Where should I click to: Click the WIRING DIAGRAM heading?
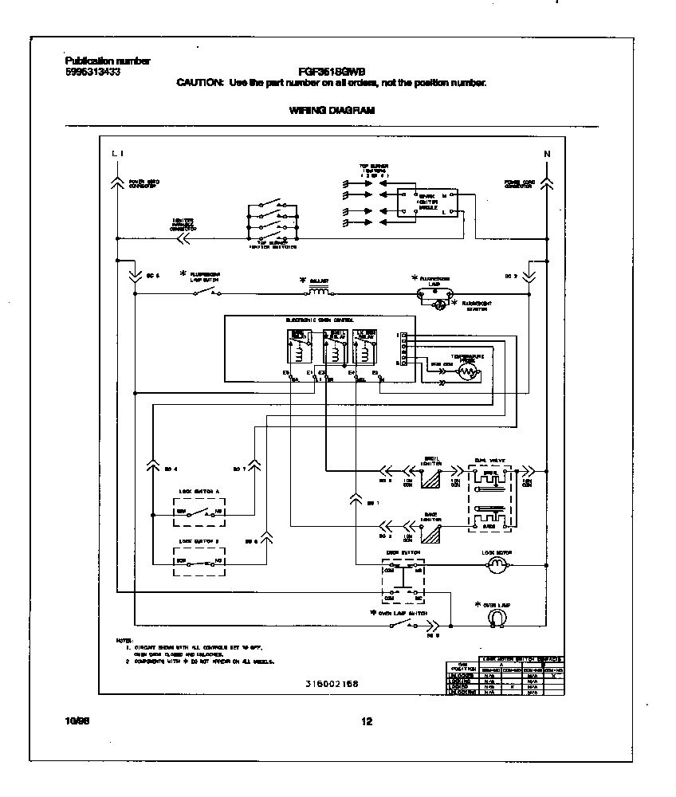[332, 111]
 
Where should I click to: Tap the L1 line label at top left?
[117, 153]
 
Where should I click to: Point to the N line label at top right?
[547, 153]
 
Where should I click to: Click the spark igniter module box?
[427, 202]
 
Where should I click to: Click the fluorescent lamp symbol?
[435, 294]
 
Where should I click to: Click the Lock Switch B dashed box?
[199, 561]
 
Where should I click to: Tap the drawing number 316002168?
[332, 684]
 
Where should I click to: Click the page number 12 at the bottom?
[367, 722]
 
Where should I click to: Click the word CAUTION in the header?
[199, 83]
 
